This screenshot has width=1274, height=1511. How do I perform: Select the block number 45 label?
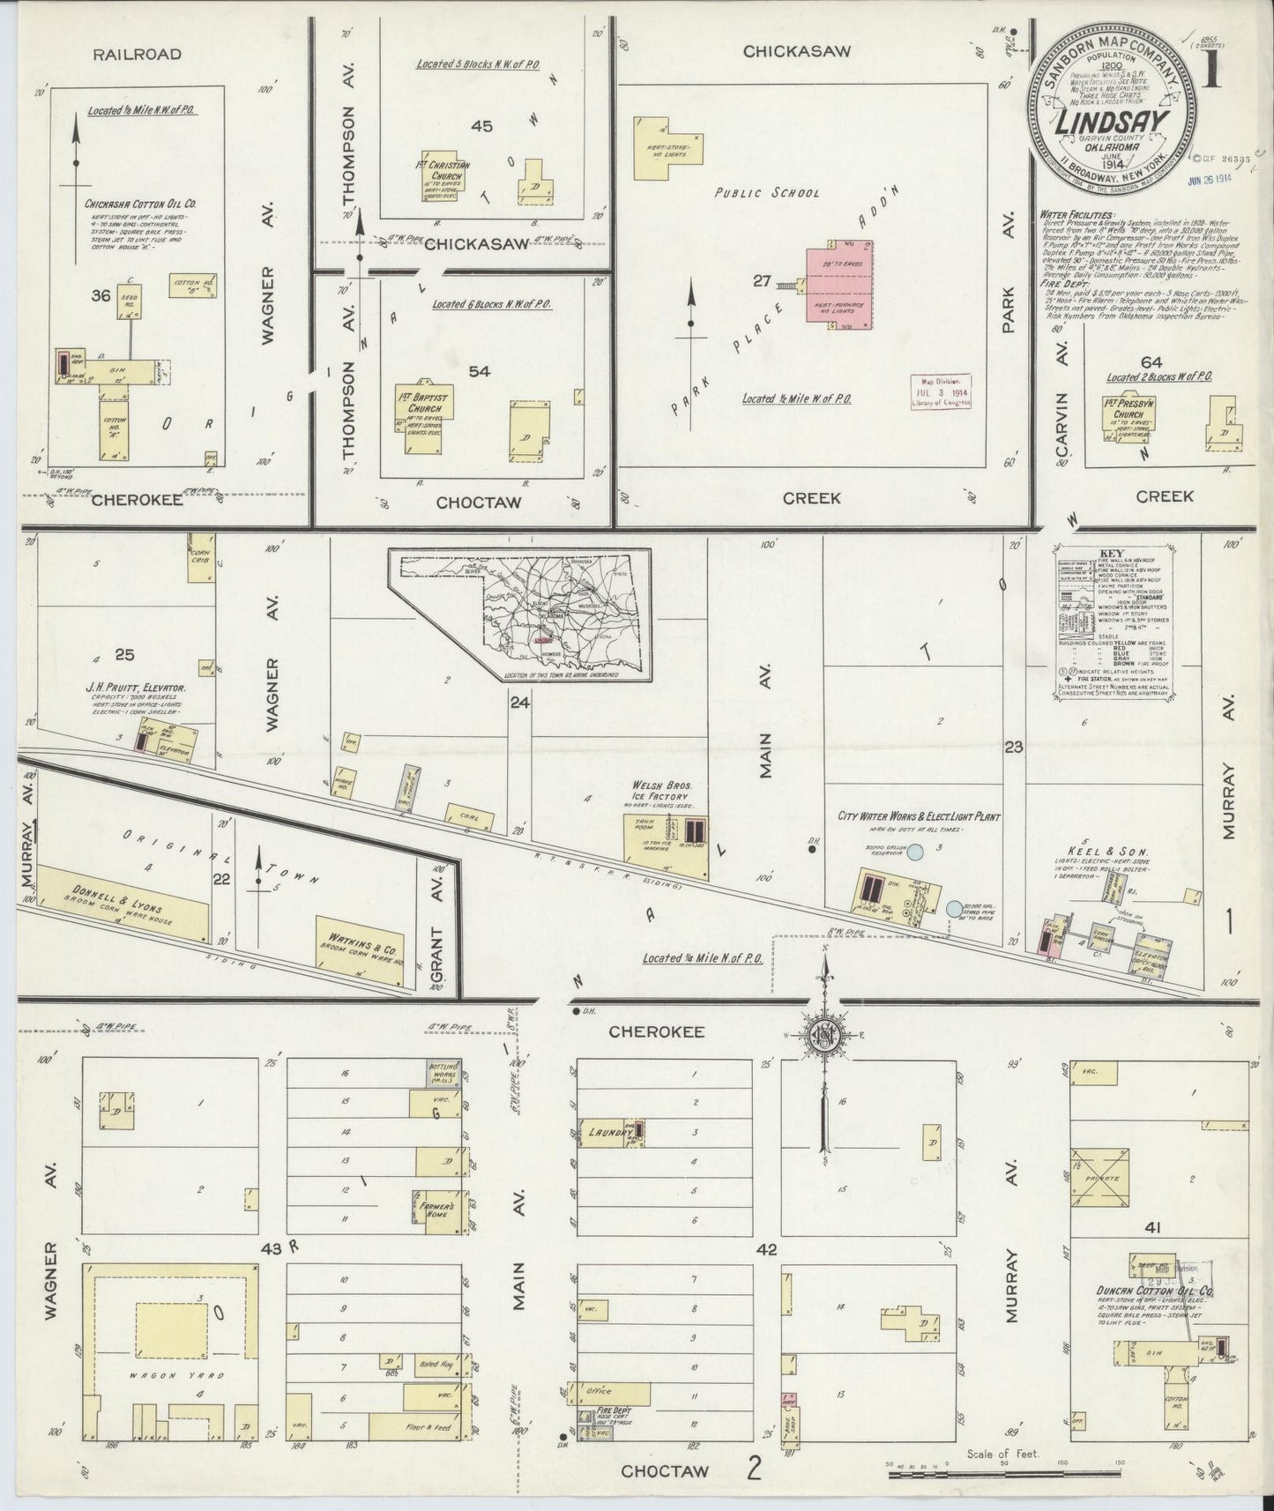pos(481,126)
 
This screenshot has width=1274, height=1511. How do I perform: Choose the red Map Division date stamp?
pos(942,391)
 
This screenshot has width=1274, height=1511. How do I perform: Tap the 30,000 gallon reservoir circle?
pos(916,852)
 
